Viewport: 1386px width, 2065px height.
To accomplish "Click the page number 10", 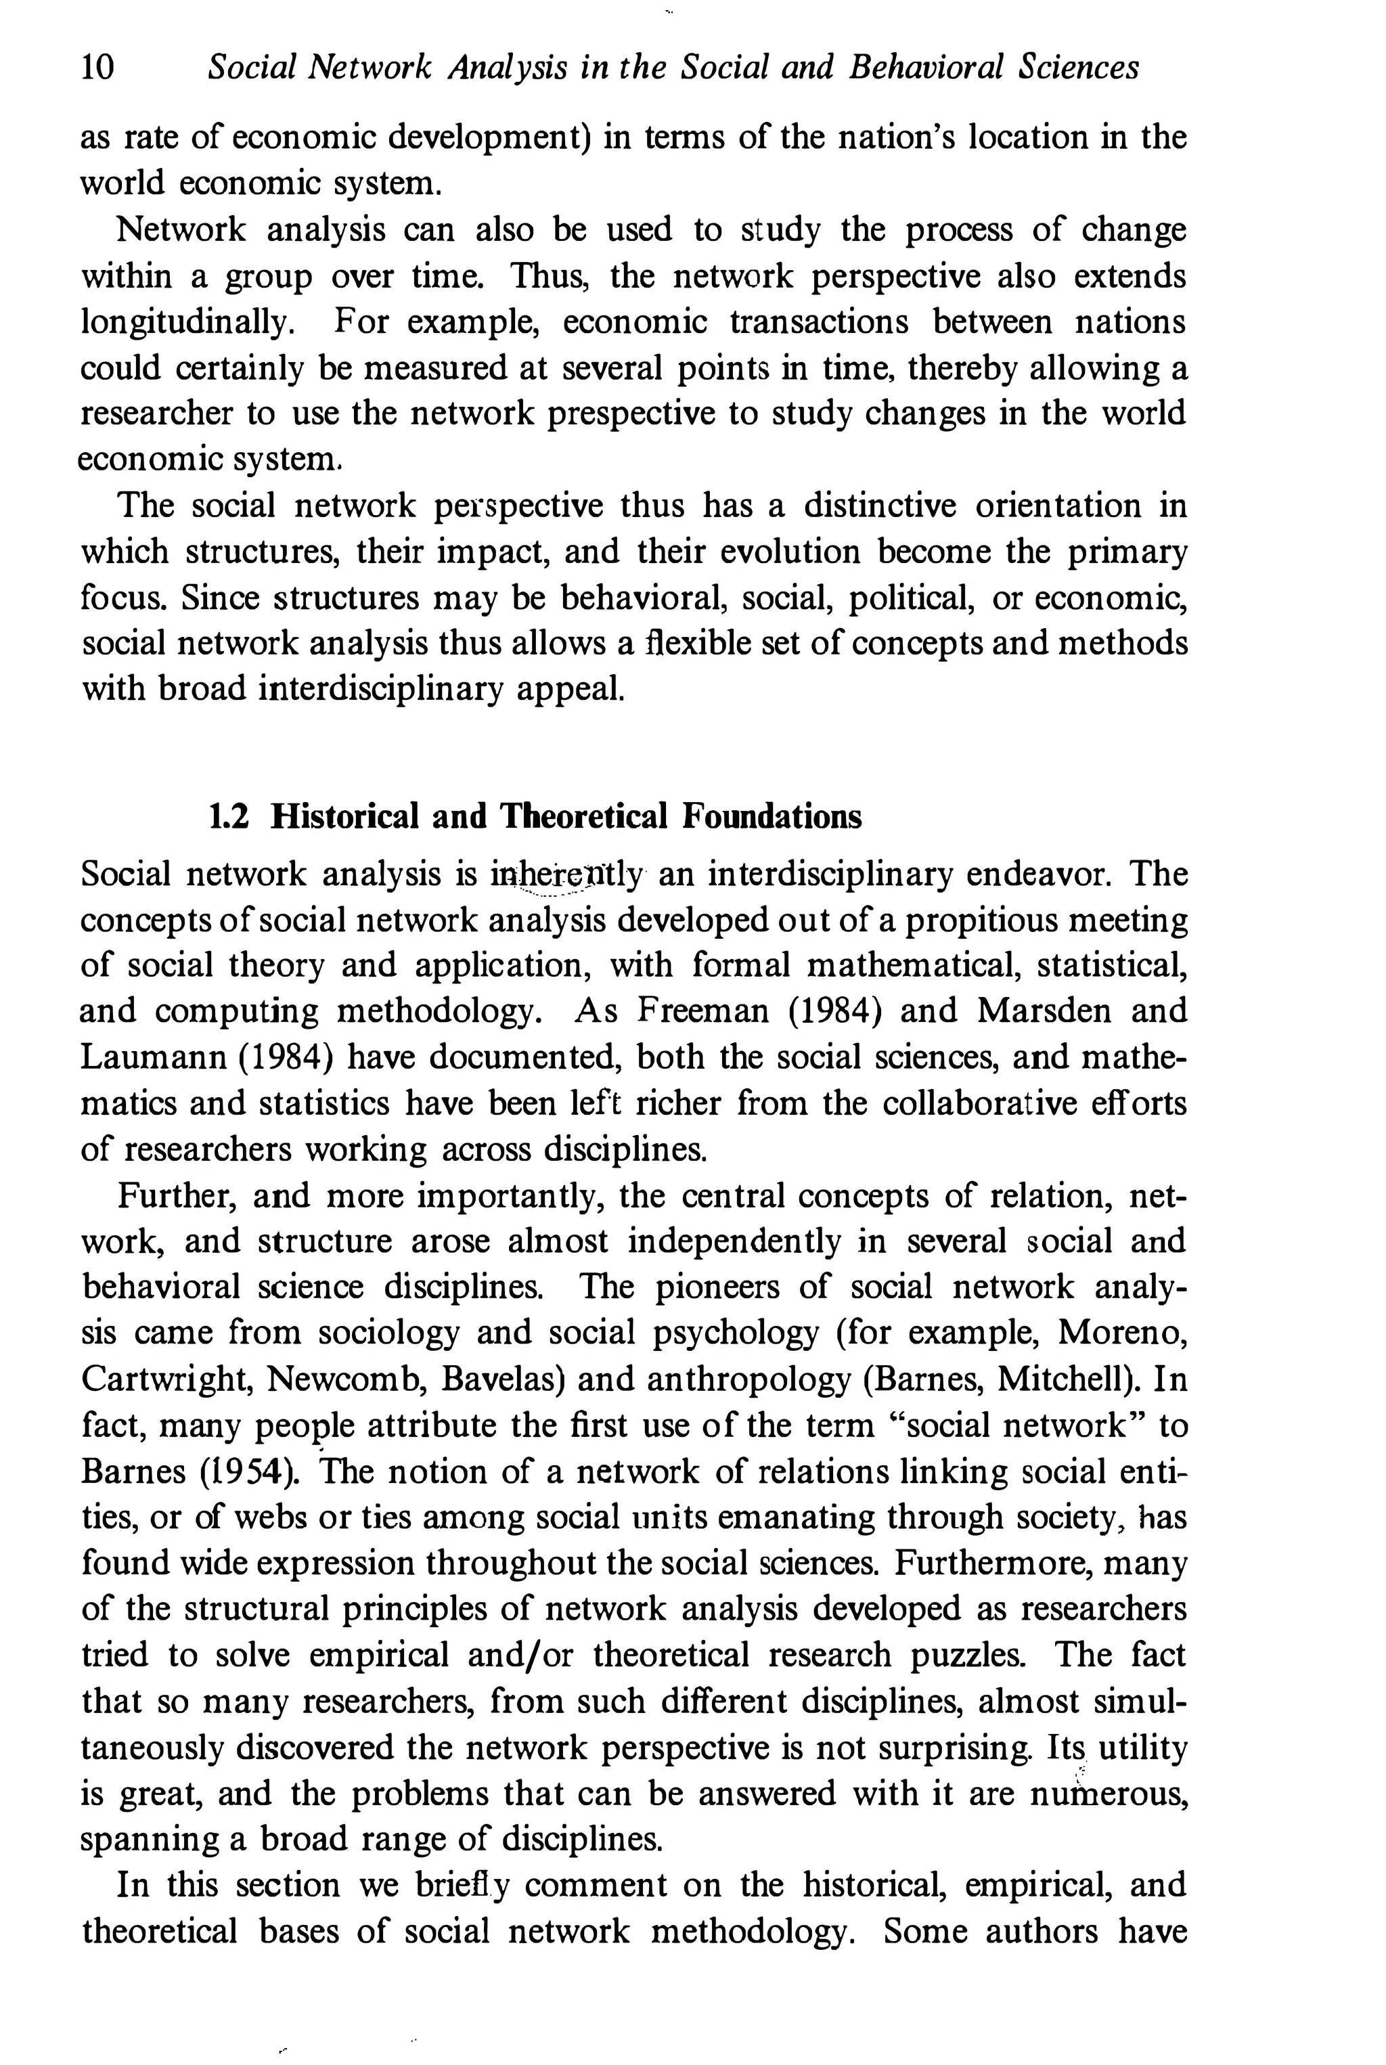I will pos(97,67).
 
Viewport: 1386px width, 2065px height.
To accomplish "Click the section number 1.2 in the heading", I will pos(228,816).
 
